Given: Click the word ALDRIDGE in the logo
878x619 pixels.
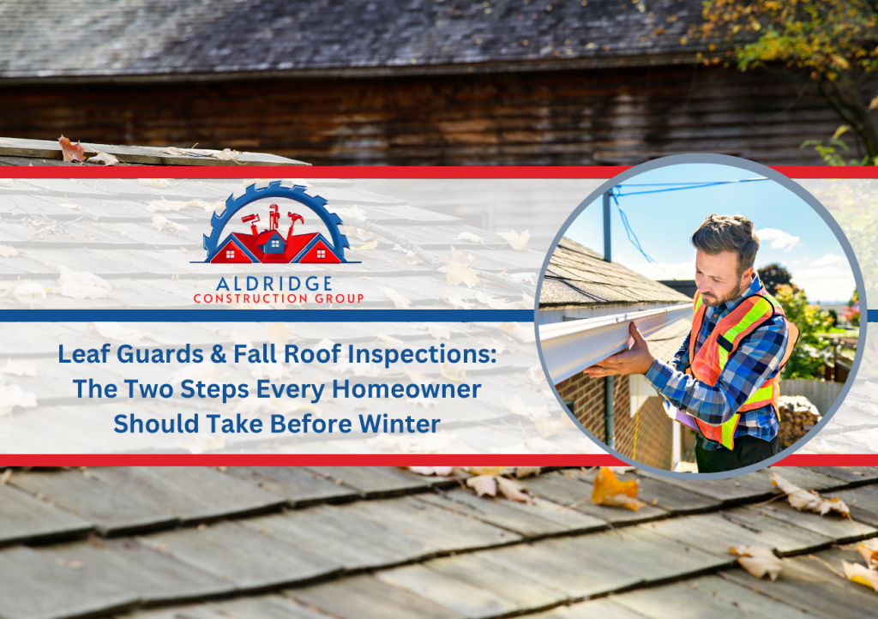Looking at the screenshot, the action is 274,284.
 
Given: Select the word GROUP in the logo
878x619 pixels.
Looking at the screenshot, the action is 340,298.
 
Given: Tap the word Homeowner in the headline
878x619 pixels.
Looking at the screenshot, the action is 406,389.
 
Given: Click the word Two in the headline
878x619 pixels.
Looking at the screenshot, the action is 148,389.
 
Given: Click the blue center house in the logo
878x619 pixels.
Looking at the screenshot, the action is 274,242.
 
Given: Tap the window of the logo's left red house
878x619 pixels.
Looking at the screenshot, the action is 230,255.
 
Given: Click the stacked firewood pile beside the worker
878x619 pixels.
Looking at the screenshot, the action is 799,420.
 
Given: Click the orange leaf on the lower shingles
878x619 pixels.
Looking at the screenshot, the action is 616,490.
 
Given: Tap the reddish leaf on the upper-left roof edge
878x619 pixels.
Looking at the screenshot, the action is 72,149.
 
